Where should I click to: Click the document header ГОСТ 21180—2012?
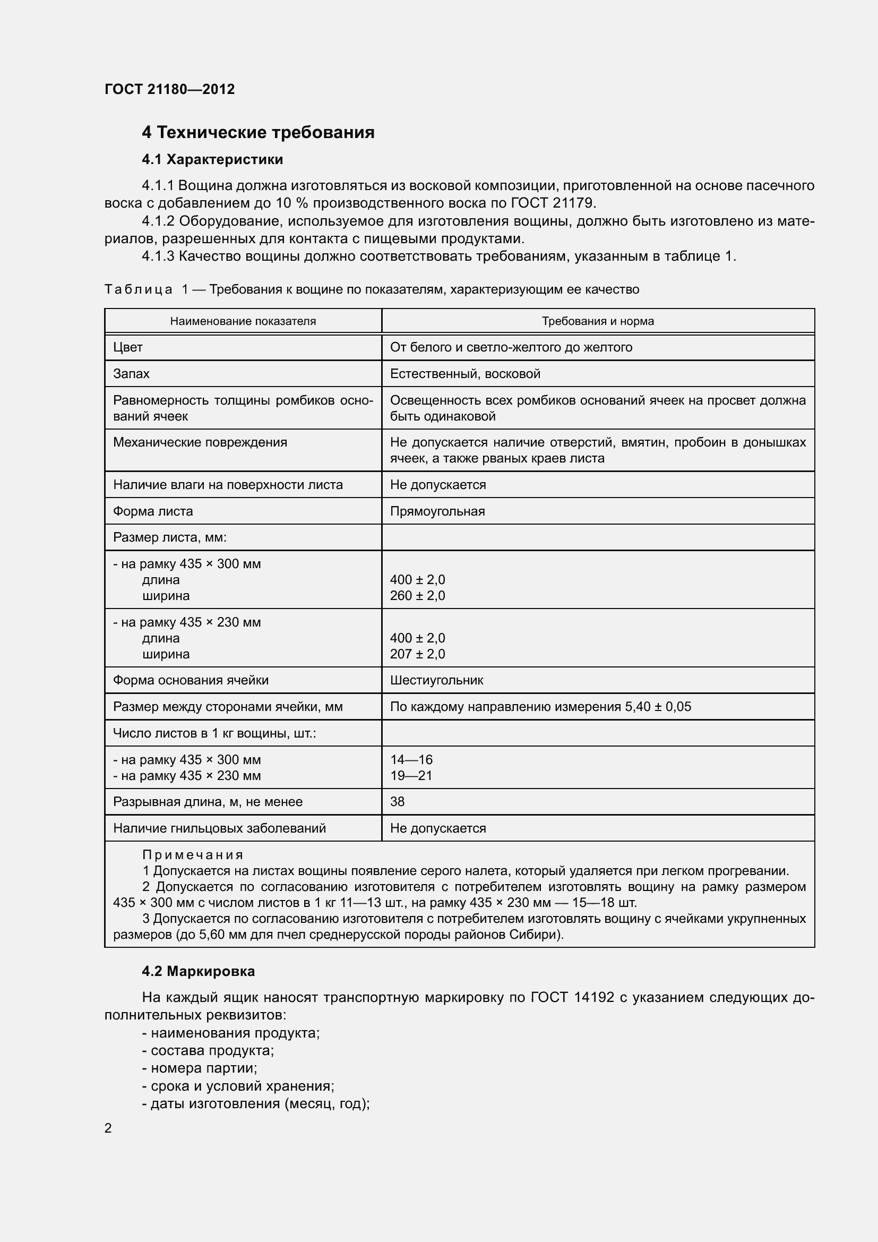pos(169,89)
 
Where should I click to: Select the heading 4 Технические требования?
pos(258,132)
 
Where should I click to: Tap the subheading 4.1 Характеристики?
pos(212,160)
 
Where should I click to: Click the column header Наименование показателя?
pos(243,321)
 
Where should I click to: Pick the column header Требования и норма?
pos(597,321)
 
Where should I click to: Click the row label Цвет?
pos(127,347)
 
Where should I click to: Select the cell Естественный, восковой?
pos(465,374)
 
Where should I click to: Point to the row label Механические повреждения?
pos(200,442)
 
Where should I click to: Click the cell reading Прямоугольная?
pos(437,511)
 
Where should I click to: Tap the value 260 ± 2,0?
pos(417,596)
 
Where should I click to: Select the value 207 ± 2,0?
pos(417,654)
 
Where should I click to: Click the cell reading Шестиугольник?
pos(436,680)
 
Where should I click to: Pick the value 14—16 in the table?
pos(411,759)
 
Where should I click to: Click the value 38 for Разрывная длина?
pos(398,802)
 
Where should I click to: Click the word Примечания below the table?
pos(193,855)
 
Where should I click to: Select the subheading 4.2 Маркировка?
pos(198,971)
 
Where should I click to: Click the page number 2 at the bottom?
pos(108,1128)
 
